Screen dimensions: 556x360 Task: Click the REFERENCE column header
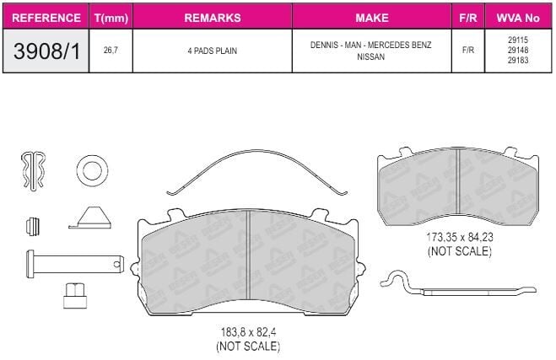point(46,18)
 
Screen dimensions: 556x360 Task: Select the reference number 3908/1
point(46,51)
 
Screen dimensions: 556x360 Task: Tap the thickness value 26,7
point(111,51)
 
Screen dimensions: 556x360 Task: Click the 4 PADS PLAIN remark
point(212,51)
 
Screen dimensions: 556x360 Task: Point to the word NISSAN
point(370,56)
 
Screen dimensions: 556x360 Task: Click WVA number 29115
point(518,40)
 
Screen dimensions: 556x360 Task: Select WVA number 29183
point(518,60)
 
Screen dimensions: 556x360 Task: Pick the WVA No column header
point(518,18)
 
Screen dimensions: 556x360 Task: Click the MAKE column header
point(371,18)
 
